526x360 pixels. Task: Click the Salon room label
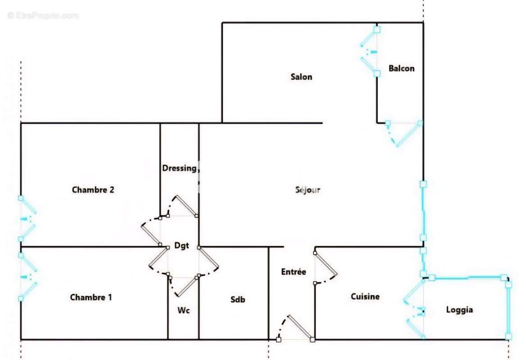click(x=301, y=77)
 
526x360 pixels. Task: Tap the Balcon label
click(x=401, y=68)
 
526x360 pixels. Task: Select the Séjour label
click(x=308, y=190)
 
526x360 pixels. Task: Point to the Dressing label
click(x=180, y=168)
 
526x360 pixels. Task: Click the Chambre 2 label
click(x=93, y=190)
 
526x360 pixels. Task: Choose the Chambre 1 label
click(x=91, y=297)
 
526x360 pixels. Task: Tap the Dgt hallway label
click(x=181, y=246)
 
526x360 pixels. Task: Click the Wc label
click(x=183, y=310)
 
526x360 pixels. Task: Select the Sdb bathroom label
click(x=237, y=299)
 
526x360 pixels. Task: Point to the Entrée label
click(x=294, y=271)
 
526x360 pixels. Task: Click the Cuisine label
click(x=365, y=296)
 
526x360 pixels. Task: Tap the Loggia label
click(x=459, y=310)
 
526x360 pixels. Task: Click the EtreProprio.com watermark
click(x=43, y=15)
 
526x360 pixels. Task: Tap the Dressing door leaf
click(x=186, y=206)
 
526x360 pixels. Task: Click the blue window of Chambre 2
click(x=27, y=219)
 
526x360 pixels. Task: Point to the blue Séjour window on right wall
click(x=424, y=211)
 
